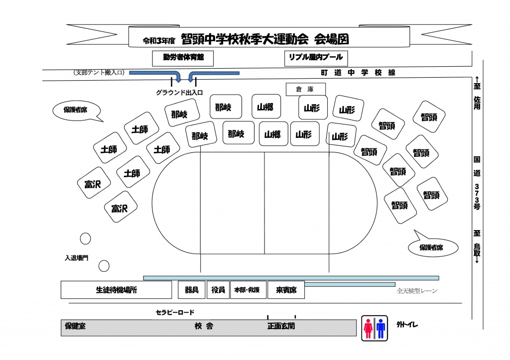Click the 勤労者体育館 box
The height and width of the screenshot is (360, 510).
click(183, 58)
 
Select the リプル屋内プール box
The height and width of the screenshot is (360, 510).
click(316, 58)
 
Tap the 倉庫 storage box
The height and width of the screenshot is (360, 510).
click(305, 89)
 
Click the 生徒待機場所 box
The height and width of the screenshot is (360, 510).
click(116, 290)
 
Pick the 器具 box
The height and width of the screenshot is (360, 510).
click(192, 290)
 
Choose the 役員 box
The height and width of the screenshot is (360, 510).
click(218, 290)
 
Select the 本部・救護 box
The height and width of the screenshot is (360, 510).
click(247, 290)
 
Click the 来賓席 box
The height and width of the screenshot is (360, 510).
click(286, 290)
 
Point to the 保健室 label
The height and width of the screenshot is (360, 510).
click(75, 326)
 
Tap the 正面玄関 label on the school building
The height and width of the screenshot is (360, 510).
click(281, 326)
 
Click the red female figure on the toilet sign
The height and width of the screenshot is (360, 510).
click(368, 329)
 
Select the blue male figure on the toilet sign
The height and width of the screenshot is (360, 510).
click(381, 329)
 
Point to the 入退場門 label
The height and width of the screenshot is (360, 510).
click(76, 258)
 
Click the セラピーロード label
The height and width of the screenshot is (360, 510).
click(175, 312)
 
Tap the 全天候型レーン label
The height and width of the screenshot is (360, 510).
click(417, 291)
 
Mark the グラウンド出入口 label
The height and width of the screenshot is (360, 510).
click(179, 92)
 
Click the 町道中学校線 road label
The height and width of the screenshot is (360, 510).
click(358, 73)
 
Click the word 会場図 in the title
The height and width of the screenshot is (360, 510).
click(331, 39)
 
